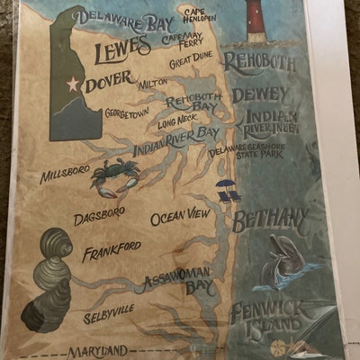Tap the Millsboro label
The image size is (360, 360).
[64, 173]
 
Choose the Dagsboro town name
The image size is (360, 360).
[99, 217]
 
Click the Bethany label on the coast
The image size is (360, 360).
[270, 219]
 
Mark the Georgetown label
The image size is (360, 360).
[126, 113]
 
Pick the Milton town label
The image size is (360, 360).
[153, 84]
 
